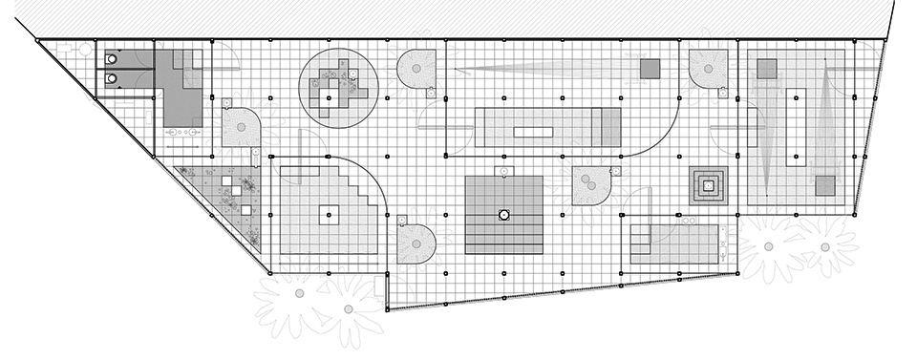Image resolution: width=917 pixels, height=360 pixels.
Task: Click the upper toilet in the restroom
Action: (113, 58)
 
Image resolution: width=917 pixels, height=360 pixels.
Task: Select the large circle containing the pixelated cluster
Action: (338, 88)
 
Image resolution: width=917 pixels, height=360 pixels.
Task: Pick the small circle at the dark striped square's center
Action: (503, 215)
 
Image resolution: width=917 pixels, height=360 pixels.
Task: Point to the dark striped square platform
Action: (503, 215)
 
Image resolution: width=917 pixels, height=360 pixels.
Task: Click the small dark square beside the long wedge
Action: (650, 69)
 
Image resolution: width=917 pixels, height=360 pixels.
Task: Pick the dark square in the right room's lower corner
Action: (823, 184)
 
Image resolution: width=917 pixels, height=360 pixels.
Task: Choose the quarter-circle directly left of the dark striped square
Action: (417, 244)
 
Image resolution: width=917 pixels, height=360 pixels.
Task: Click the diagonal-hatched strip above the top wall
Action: (458, 17)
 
